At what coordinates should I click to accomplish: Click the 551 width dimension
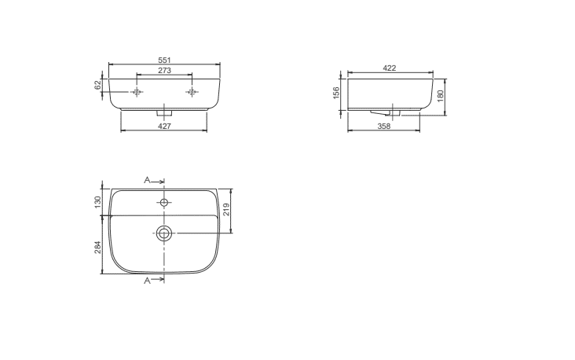(165, 60)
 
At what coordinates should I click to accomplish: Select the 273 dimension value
(165, 70)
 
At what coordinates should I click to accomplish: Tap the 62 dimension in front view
(97, 85)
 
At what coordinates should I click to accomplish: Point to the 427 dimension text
(164, 126)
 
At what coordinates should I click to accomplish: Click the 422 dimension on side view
(390, 68)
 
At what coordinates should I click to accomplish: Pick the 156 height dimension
(336, 94)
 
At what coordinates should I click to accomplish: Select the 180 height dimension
(441, 96)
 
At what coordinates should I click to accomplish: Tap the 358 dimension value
(384, 126)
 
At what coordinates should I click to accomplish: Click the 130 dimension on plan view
(97, 202)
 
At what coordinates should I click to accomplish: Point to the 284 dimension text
(97, 248)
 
